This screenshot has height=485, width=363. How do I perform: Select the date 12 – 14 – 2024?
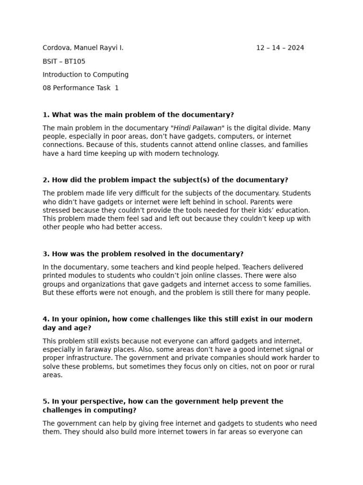pyautogui.click(x=280, y=48)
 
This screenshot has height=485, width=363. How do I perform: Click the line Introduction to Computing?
pyautogui.click(x=86, y=74)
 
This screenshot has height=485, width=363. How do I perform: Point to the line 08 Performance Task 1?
pyautogui.click(x=80, y=88)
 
